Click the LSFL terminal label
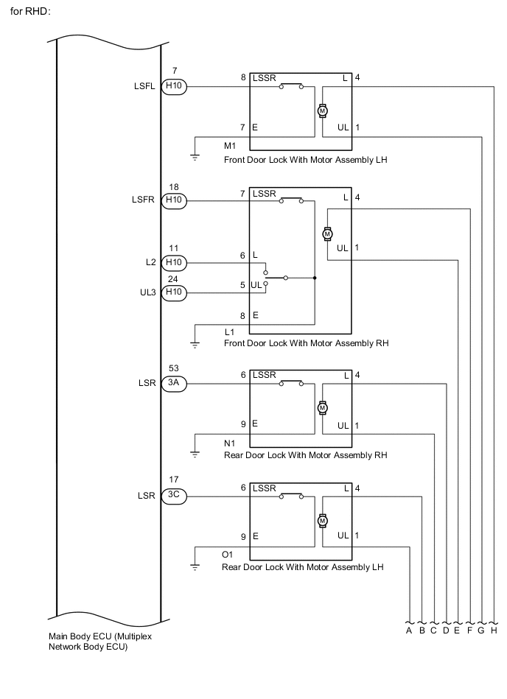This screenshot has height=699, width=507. click(144, 87)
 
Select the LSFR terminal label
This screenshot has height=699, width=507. click(144, 200)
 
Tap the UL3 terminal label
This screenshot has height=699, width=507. click(147, 293)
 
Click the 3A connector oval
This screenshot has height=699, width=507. click(174, 383)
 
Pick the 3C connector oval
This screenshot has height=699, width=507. click(174, 496)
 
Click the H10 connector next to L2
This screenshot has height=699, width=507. click(174, 262)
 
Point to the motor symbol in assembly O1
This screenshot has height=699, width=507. click(322, 521)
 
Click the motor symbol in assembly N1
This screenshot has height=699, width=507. click(322, 408)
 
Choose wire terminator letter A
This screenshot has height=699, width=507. click(408, 630)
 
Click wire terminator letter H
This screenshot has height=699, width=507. click(494, 630)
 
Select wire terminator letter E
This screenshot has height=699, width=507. click(457, 630)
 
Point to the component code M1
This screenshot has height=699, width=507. click(230, 145)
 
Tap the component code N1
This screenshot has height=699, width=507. click(230, 444)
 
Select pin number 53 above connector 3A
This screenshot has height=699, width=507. click(174, 368)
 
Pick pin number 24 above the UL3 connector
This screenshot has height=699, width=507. click(174, 278)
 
